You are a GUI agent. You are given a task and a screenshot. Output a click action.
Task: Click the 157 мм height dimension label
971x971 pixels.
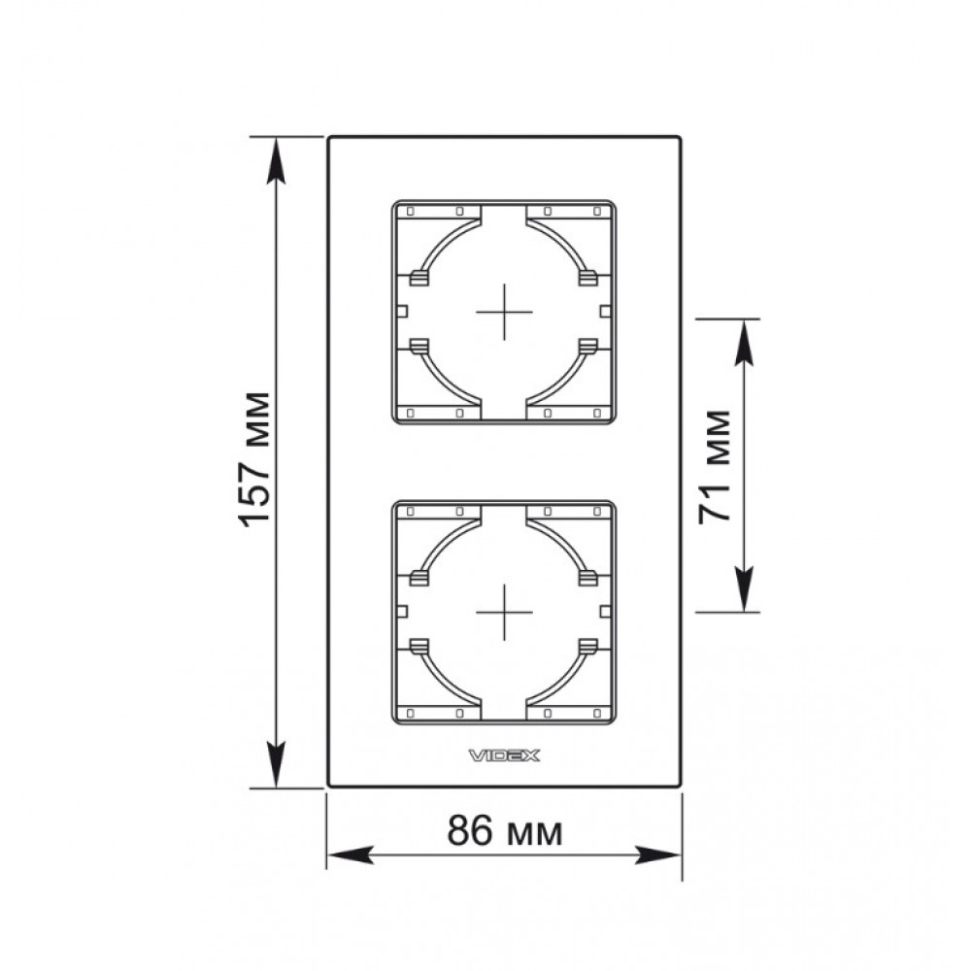pos(255,459)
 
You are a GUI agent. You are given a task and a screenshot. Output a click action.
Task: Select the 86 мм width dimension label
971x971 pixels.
pos(505,830)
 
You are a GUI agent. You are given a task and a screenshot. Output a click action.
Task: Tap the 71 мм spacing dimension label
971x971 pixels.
pos(714,467)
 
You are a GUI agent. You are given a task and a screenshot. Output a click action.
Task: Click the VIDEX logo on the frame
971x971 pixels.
pos(504,754)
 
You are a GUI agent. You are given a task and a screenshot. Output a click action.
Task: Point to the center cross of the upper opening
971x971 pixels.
pos(504,312)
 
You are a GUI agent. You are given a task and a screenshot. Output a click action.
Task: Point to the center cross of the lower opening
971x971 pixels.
pos(504,612)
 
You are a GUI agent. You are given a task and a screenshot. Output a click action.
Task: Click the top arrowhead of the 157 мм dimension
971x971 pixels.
pos(276,160)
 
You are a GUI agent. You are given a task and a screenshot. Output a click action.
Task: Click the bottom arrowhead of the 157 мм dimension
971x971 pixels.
pos(276,765)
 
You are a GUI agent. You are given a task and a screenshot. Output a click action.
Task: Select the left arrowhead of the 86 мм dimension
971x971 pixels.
pos(351,855)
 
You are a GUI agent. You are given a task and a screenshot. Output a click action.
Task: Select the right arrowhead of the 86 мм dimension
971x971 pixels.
pos(657,855)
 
